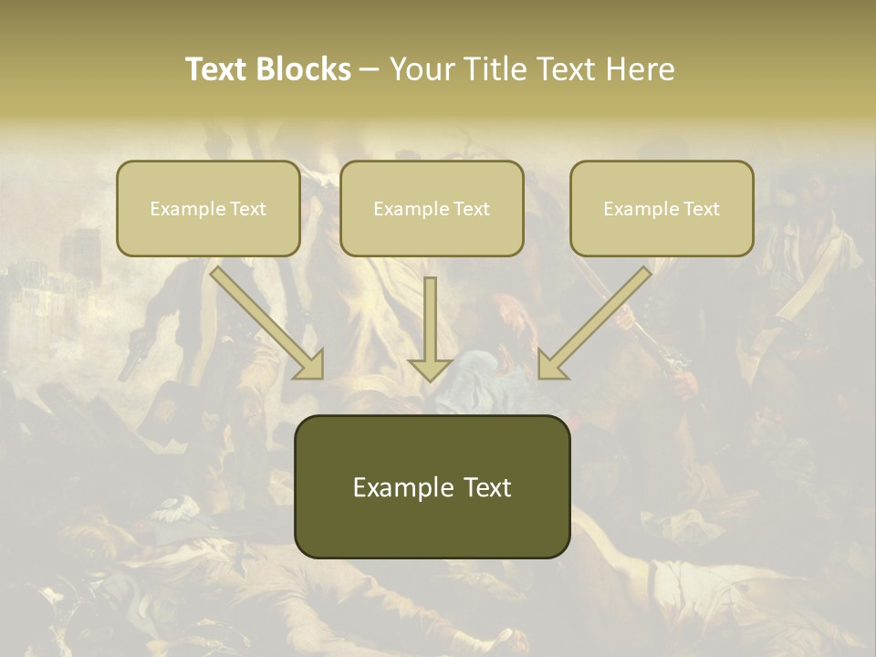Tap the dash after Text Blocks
pyautogui.click(x=370, y=70)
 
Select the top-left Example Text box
pyautogui.click(x=208, y=208)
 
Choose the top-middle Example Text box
pyautogui.click(x=432, y=208)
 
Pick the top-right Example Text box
pyautogui.click(x=662, y=208)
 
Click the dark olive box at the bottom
pyautogui.click(x=432, y=486)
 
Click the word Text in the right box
pyautogui.click(x=701, y=209)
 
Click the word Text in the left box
pyautogui.click(x=247, y=209)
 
